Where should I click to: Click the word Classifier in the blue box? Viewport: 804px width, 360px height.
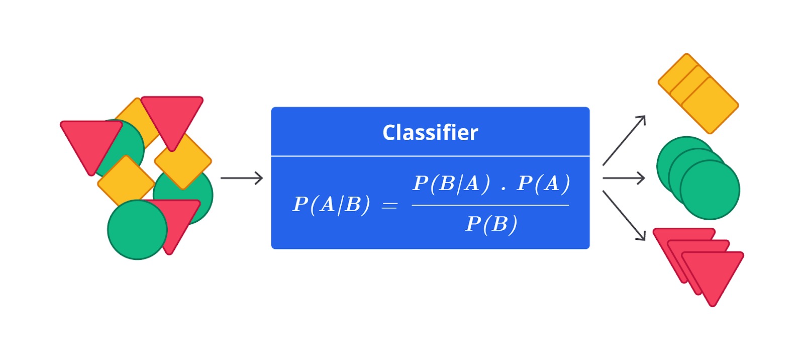[430, 132]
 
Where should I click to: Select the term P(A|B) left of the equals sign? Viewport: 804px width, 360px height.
[331, 205]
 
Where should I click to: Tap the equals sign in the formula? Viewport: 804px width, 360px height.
[389, 206]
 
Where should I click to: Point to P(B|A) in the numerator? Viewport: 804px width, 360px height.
[451, 184]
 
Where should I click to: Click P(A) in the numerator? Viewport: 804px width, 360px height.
[543, 184]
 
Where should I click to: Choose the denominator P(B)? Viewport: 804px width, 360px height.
[491, 224]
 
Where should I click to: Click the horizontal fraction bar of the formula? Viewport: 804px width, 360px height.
[490, 205]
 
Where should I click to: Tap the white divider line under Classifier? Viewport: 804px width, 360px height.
[430, 156]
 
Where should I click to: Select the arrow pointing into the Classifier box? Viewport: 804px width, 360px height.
[242, 178]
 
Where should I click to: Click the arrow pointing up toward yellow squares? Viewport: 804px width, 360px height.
[624, 140]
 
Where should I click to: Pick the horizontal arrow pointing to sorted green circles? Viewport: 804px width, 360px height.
[624, 178]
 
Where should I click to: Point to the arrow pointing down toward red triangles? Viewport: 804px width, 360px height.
[624, 216]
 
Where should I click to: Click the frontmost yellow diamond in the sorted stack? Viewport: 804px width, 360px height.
[710, 106]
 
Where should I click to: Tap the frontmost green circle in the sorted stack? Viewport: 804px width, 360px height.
[710, 190]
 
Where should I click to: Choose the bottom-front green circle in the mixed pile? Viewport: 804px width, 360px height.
[138, 230]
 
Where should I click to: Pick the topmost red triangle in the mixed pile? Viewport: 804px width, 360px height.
[172, 120]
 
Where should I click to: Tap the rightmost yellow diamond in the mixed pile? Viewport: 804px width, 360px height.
[183, 161]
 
